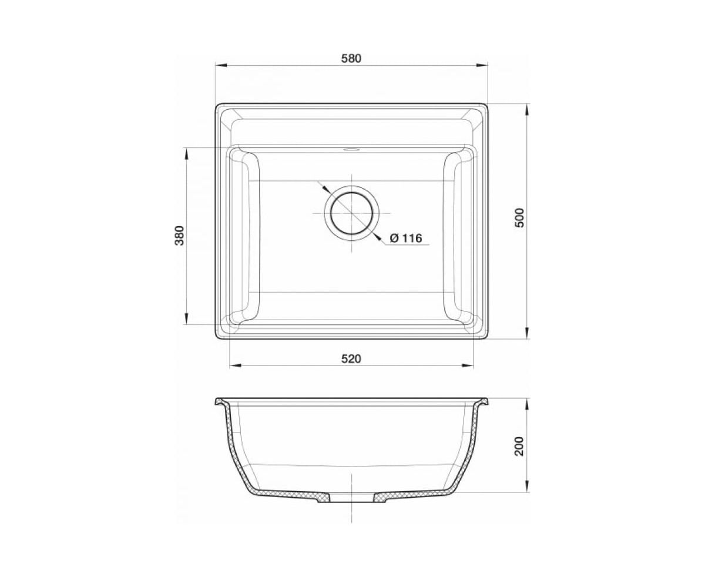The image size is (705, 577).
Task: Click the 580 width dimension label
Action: pyautogui.click(x=351, y=59)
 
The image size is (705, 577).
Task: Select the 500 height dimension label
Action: pyautogui.click(x=520, y=217)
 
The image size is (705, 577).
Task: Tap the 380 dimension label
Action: pyautogui.click(x=180, y=236)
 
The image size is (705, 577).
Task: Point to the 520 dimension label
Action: pyautogui.click(x=351, y=358)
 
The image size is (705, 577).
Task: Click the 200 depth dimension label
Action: pyautogui.click(x=519, y=446)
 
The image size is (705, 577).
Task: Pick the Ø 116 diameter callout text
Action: pyautogui.click(x=406, y=238)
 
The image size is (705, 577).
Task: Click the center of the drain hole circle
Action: pyautogui.click(x=351, y=213)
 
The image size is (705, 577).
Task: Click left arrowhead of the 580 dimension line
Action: pyautogui.click(x=221, y=66)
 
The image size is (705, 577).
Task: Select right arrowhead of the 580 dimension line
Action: pyautogui.click(x=482, y=66)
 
